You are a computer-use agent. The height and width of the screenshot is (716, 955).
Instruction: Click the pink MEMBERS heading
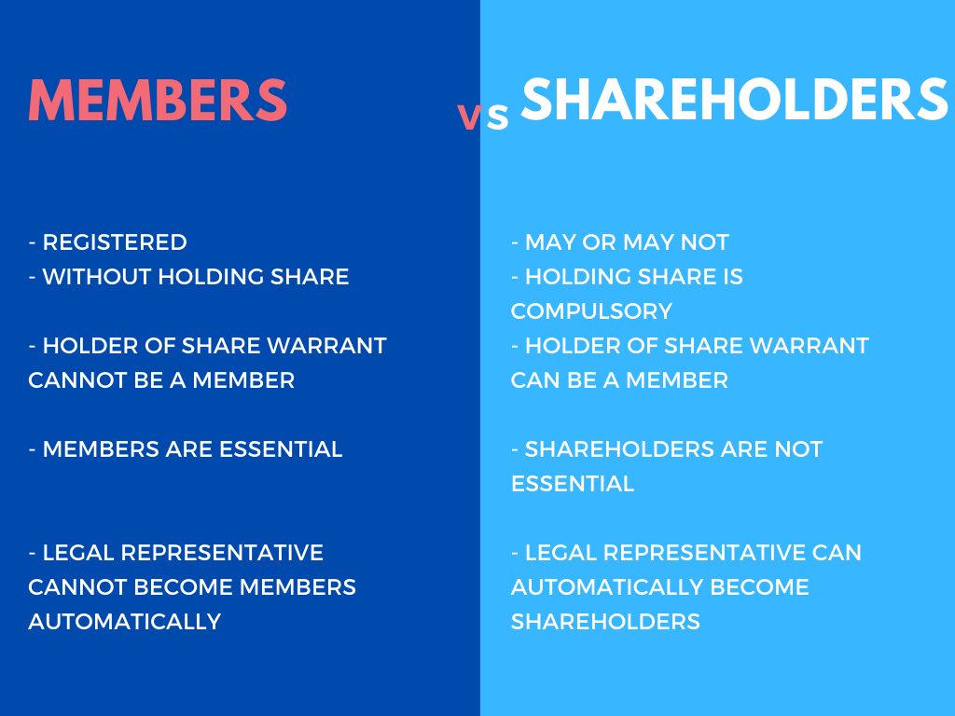click(x=158, y=99)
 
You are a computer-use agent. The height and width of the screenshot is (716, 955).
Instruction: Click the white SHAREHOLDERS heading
click(x=734, y=99)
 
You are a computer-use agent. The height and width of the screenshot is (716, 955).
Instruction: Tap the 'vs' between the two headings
click(x=483, y=116)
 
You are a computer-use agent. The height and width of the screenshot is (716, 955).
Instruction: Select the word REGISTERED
click(x=115, y=242)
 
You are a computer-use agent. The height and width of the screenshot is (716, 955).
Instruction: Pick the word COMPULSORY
click(x=591, y=311)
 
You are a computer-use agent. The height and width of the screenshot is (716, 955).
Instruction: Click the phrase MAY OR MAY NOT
click(x=627, y=242)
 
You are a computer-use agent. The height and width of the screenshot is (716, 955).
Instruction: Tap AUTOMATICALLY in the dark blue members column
click(x=124, y=622)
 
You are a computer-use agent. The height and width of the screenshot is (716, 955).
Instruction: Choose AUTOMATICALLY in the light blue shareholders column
click(x=607, y=587)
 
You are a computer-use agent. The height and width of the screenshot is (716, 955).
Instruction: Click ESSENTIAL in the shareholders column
click(x=572, y=484)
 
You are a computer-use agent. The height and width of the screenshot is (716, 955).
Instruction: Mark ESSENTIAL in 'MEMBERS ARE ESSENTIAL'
click(x=281, y=449)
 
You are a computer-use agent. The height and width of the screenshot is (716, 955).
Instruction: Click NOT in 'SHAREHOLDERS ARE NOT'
click(x=799, y=449)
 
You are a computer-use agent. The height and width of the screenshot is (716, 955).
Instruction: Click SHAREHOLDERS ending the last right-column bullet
click(x=605, y=622)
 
